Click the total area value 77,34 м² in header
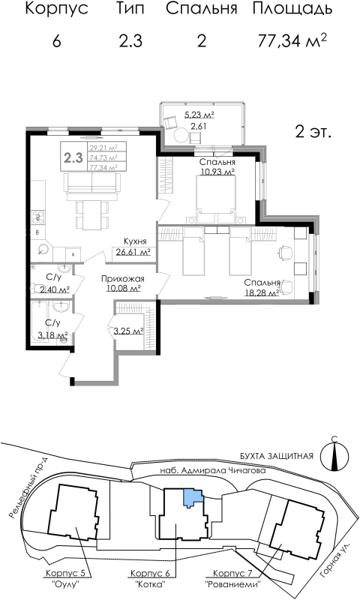point(292,40)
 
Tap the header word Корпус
point(56,10)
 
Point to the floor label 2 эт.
point(313,132)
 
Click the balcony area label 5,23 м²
point(199,115)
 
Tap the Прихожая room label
point(122,278)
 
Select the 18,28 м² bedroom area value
point(261,292)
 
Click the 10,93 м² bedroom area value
point(217,172)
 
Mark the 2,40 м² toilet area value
point(54,289)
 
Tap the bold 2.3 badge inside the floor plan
point(73,157)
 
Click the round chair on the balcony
point(181,134)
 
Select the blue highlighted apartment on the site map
point(193,496)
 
